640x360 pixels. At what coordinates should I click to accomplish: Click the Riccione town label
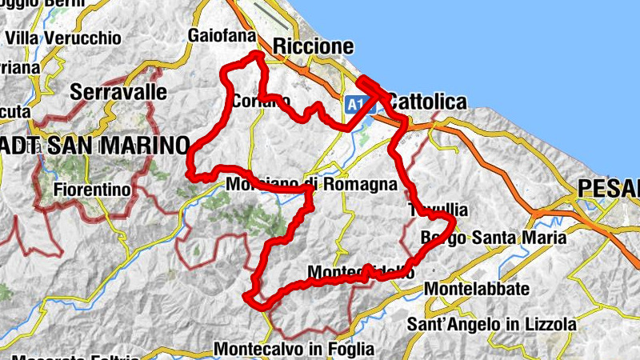(x=313, y=46)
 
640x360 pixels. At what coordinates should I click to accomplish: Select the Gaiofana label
(x=222, y=36)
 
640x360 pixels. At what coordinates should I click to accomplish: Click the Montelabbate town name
(x=478, y=288)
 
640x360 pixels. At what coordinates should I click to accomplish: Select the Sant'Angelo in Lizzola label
(x=491, y=325)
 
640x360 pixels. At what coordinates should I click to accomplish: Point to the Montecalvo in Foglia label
(x=294, y=349)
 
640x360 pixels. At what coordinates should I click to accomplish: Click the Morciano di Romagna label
(x=312, y=184)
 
